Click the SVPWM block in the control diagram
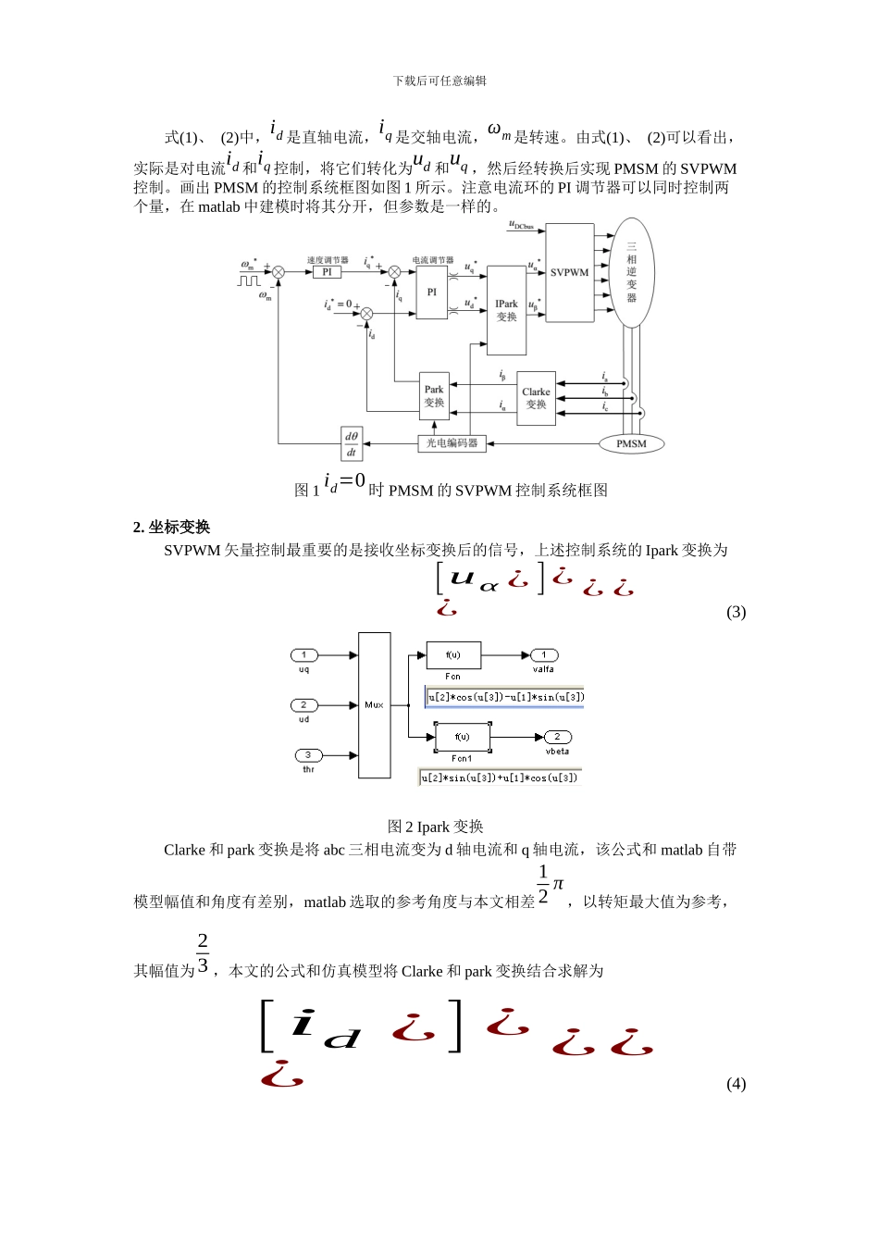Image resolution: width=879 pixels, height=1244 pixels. coord(569,273)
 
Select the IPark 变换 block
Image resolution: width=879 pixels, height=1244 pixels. coord(506,311)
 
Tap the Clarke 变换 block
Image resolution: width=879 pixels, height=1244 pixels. coord(536,398)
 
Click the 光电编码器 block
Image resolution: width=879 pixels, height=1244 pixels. coord(452,443)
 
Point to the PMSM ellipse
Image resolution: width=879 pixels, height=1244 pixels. coord(631,444)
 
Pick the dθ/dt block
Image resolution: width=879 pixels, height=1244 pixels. coord(352,444)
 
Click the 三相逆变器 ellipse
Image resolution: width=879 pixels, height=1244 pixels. coord(632,272)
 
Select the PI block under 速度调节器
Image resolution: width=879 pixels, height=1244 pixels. coord(327,272)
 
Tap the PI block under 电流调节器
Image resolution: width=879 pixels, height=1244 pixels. coord(431,292)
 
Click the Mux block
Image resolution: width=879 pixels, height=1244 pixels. coord(374,705)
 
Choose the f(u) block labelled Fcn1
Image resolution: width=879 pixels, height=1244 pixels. coord(462,737)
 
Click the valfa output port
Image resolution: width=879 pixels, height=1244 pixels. coord(544,655)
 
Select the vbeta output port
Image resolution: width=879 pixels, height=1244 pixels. coord(557,737)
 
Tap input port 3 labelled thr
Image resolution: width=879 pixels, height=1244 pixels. coord(308,755)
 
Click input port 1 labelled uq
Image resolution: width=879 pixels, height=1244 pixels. coord(304,655)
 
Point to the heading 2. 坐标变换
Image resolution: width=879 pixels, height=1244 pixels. coord(171,527)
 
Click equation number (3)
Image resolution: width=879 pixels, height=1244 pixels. coord(736,612)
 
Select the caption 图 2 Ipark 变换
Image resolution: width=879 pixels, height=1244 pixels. coord(435,827)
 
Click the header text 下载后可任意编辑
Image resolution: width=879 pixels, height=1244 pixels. coord(439,81)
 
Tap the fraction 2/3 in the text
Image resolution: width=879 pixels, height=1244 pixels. coord(203,954)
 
